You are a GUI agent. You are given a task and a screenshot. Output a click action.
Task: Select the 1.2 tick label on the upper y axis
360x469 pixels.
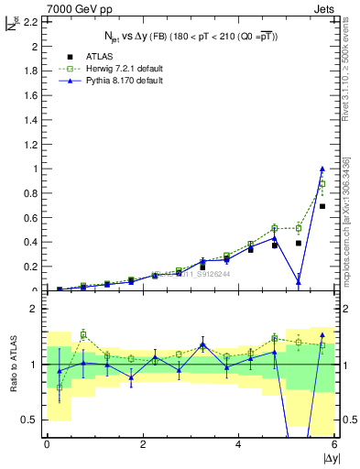point(30,144)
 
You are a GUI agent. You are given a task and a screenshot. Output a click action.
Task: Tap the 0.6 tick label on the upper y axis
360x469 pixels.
point(30,218)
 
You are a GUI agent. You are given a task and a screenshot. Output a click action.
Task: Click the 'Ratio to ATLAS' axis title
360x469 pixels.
point(12,363)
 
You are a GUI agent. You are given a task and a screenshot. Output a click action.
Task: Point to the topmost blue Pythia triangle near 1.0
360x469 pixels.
point(322,169)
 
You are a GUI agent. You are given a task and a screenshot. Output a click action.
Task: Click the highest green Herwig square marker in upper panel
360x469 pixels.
point(322,183)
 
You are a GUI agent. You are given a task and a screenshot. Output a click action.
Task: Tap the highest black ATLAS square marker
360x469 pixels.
point(322,206)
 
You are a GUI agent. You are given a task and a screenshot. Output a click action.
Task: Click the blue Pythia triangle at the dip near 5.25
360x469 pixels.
point(299,282)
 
